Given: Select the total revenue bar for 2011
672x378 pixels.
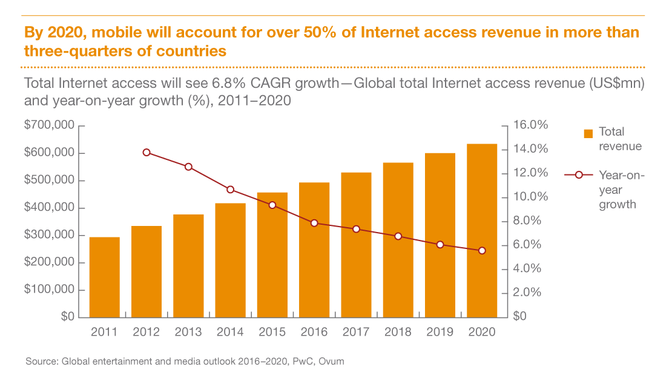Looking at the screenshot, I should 104,277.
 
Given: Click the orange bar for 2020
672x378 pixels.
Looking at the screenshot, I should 482,230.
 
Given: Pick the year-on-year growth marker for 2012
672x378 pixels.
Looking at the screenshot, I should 147,153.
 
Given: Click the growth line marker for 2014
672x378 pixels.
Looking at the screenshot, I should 230,190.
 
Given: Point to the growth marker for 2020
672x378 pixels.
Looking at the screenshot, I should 482,251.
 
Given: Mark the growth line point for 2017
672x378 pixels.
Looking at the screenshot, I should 356,229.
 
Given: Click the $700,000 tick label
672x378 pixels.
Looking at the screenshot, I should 49,126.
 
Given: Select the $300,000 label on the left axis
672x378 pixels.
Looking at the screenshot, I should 49,235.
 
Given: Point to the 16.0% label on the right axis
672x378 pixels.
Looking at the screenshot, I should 530,125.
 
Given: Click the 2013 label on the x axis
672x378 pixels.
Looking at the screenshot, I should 188,332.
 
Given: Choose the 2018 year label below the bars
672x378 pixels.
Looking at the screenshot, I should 398,332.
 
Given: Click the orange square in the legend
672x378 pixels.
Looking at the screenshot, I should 587,133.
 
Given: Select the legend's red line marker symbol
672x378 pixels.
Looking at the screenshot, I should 579,175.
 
